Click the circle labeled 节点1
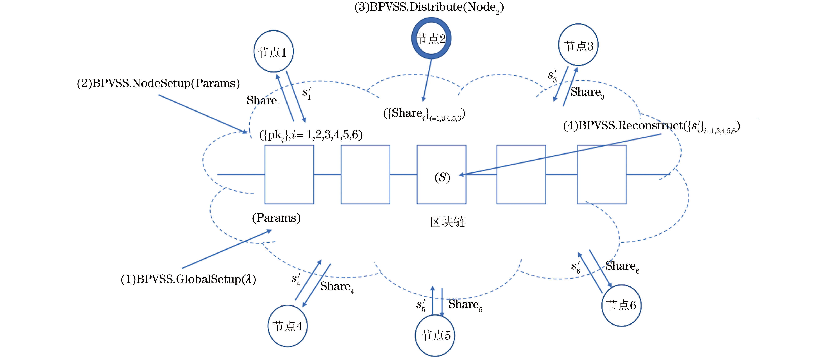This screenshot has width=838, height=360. pyautogui.click(x=273, y=51)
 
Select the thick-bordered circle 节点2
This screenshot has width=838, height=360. pyautogui.click(x=431, y=38)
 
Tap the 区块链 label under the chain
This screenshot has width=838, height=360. pyautogui.click(x=447, y=222)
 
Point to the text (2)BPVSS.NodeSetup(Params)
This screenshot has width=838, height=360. pyautogui.click(x=158, y=83)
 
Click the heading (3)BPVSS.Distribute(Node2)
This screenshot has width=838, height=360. pyautogui.click(x=429, y=7)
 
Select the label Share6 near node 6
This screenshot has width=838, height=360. pyautogui.click(x=622, y=266)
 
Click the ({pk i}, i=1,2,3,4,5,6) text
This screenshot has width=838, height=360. pyautogui.click(x=311, y=135)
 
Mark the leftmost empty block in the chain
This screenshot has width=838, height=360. pyautogui.click(x=289, y=175)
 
